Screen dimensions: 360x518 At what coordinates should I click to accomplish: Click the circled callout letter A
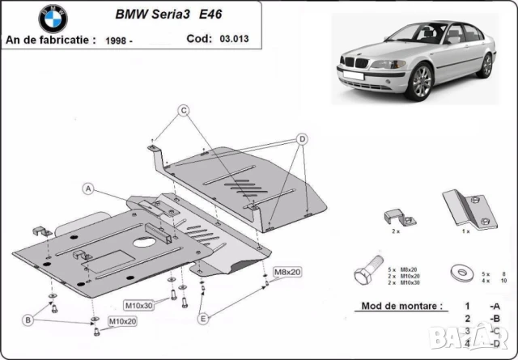87,188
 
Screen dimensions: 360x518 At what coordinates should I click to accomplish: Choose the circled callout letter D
301,138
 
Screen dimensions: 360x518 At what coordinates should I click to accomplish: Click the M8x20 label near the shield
287,272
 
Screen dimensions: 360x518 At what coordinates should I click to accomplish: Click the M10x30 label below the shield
138,305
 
